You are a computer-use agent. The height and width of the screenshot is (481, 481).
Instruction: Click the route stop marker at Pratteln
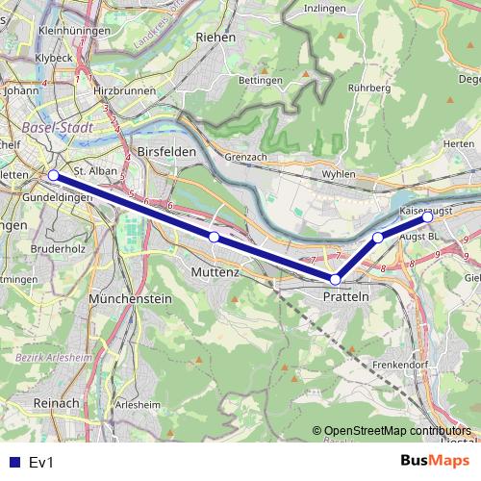point(336,280)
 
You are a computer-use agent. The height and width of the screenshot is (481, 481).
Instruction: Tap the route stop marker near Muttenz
point(214,237)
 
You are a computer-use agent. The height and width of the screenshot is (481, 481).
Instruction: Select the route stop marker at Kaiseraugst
point(427,216)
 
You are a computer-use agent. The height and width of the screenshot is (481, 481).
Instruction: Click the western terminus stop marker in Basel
point(53,175)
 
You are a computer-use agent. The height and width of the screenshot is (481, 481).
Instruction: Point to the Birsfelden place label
point(166,152)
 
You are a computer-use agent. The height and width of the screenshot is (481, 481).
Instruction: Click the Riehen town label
point(215,37)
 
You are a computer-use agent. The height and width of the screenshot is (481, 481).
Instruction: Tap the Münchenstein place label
point(130,299)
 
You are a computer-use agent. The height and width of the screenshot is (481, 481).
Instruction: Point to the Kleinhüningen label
point(44,31)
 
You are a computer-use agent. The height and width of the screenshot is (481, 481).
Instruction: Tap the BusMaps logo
point(438,462)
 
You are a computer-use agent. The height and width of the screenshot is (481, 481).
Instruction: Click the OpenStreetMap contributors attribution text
point(397,430)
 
